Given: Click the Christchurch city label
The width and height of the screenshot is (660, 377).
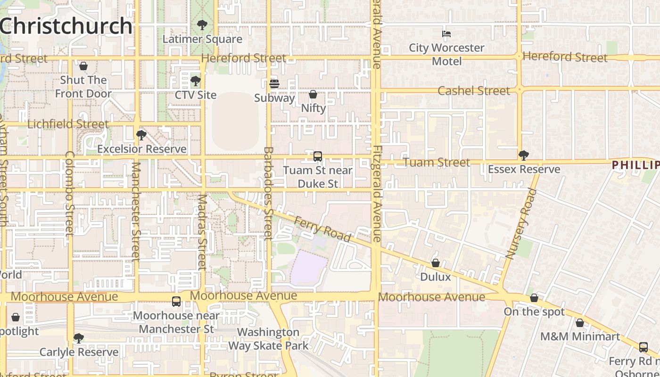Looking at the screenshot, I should point(66,26).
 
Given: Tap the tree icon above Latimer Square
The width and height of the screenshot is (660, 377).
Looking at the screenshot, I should point(202,25).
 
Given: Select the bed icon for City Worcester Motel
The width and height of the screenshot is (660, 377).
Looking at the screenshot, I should point(446,33).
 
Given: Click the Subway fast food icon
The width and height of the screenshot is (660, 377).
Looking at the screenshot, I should point(274,84).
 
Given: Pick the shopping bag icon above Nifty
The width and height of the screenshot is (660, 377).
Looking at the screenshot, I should point(313,94).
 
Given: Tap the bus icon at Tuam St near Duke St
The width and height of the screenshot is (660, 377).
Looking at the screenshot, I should point(318,156).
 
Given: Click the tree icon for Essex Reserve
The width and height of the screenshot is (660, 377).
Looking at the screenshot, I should point(523,155).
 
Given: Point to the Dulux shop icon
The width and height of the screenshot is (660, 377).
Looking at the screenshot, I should point(436,263).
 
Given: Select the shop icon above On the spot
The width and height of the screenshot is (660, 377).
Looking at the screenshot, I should point(534,298).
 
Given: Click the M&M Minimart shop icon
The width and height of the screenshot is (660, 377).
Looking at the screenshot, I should point(580,323).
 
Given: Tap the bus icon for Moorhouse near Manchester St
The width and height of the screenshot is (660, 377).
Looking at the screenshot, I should point(176,301).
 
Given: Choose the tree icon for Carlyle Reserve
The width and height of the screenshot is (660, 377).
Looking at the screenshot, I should point(79,338).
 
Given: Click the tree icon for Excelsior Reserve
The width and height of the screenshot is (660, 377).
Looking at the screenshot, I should point(141,135).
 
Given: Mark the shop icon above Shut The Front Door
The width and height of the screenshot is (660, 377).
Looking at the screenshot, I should point(83,66).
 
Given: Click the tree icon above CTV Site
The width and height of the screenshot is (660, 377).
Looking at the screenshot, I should point(195,81).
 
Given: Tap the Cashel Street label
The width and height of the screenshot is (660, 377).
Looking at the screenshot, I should point(474,90).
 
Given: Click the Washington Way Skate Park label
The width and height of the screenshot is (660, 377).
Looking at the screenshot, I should point(268,339).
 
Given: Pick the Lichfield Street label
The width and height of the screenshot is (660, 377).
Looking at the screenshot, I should point(68,124).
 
